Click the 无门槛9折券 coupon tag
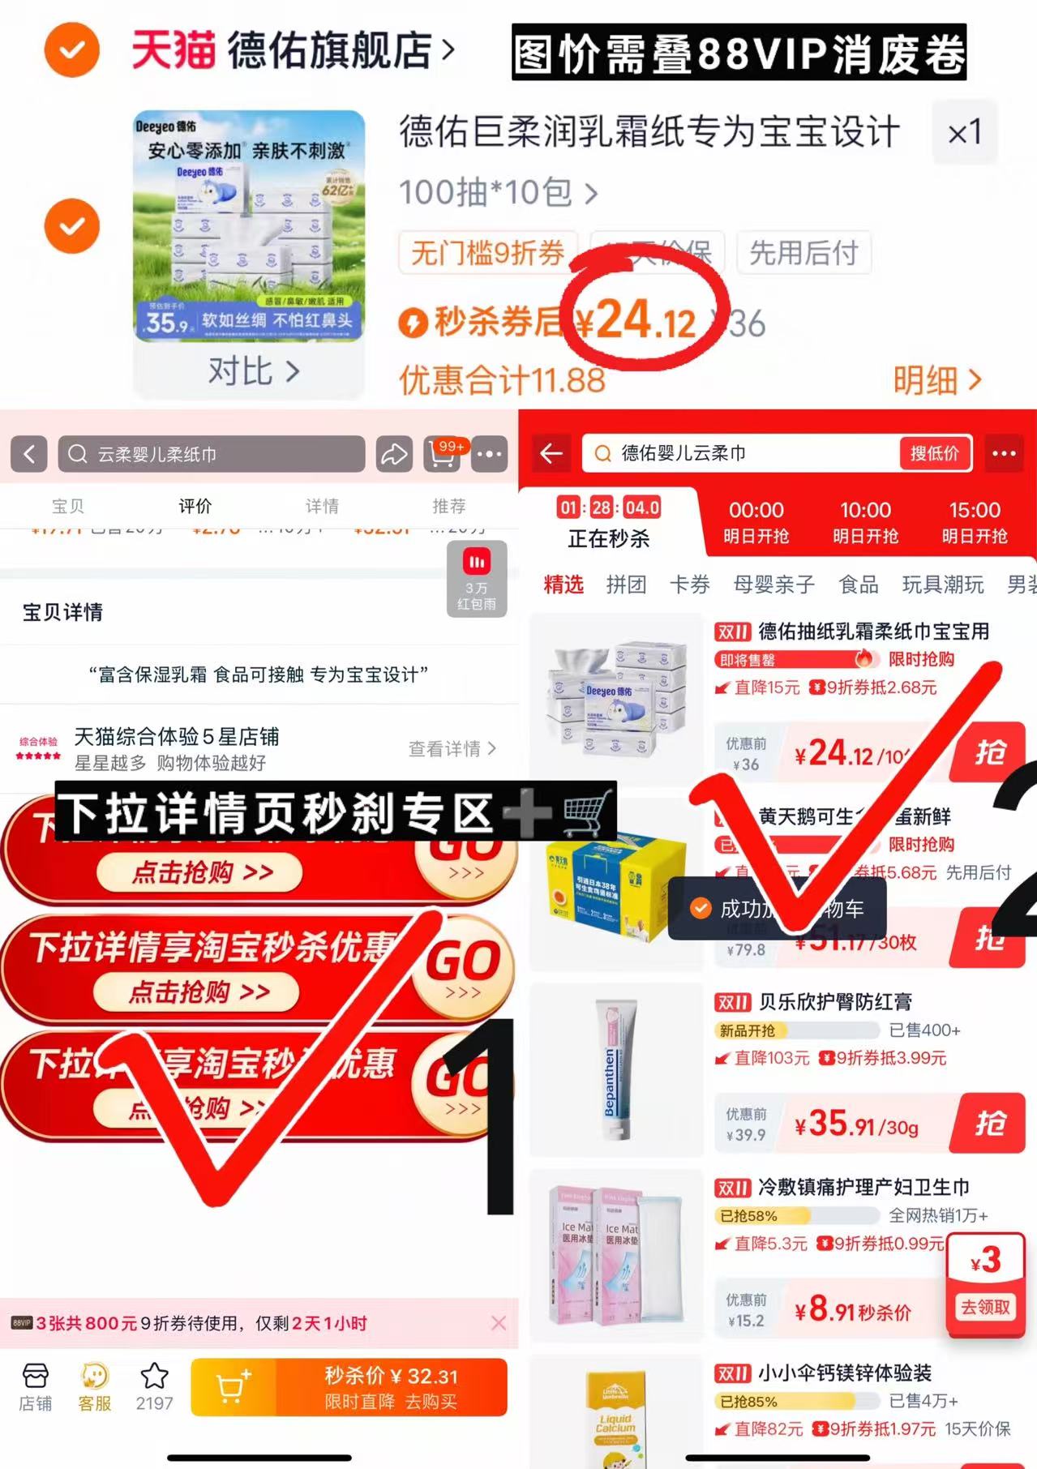pos(487,253)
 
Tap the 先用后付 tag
pos(803,253)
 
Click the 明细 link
pos(936,379)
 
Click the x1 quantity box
pos(964,132)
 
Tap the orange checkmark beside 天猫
pos(71,50)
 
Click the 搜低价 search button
pos(934,453)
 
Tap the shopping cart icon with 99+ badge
pos(442,454)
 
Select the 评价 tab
pos(195,506)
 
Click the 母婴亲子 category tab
pos(773,585)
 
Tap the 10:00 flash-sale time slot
pos(865,522)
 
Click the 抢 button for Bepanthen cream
pos(990,1124)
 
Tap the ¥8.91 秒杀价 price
pos(852,1309)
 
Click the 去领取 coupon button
pos(985,1307)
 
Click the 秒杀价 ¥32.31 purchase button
pos(391,1387)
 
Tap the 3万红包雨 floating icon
pos(476,579)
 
